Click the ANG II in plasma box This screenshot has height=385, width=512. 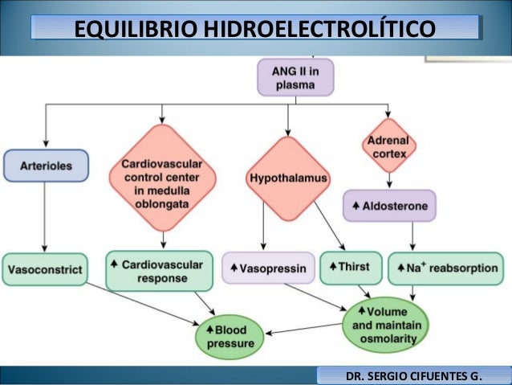pyautogui.click(x=295, y=77)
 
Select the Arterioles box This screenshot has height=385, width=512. pyautogui.click(x=44, y=166)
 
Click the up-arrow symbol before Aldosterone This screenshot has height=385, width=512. pyautogui.click(x=355, y=207)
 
